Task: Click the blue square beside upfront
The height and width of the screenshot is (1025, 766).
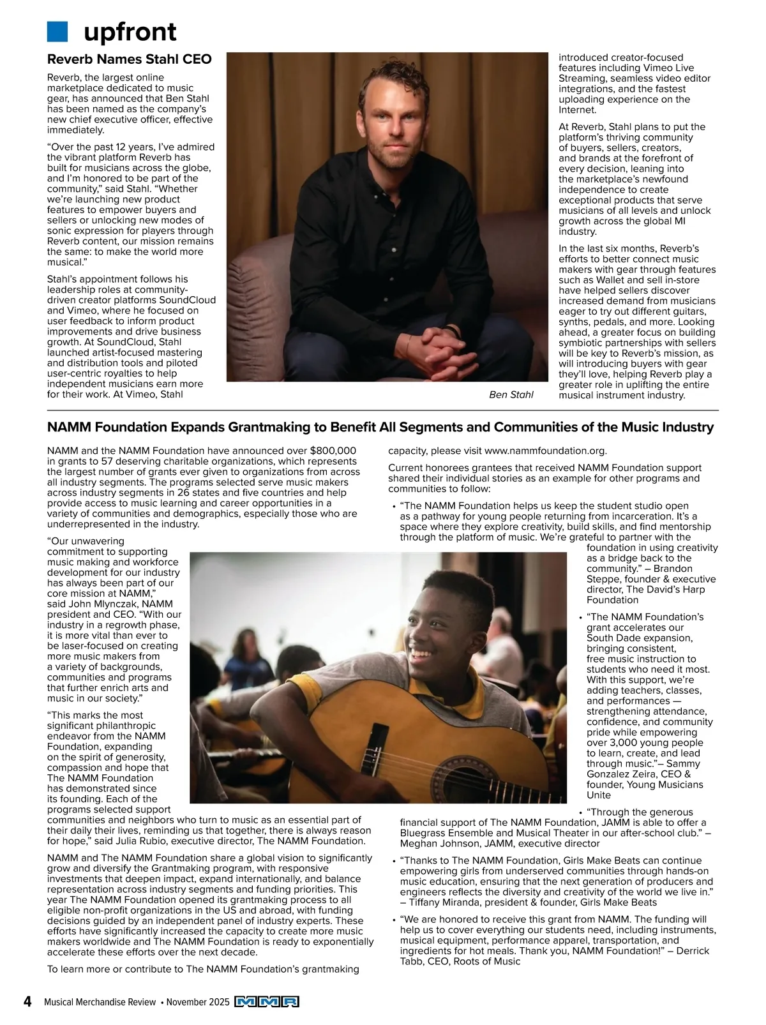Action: click(x=57, y=31)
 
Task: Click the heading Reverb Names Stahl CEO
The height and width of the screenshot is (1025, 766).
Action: click(x=129, y=59)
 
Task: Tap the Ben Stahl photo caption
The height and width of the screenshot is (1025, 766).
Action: click(x=511, y=394)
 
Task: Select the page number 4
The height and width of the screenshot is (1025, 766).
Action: click(x=27, y=1001)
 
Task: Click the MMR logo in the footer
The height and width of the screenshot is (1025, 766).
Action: click(x=267, y=1002)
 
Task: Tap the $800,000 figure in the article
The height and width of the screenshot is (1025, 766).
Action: click(x=333, y=451)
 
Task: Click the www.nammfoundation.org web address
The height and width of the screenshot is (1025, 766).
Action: click(x=545, y=451)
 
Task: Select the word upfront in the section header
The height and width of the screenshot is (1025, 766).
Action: click(x=130, y=31)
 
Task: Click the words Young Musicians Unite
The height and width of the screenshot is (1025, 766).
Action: click(x=638, y=789)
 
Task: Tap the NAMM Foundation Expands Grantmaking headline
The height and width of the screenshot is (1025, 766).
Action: click(x=380, y=427)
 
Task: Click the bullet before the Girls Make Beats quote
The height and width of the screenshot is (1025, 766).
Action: click(x=394, y=862)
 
